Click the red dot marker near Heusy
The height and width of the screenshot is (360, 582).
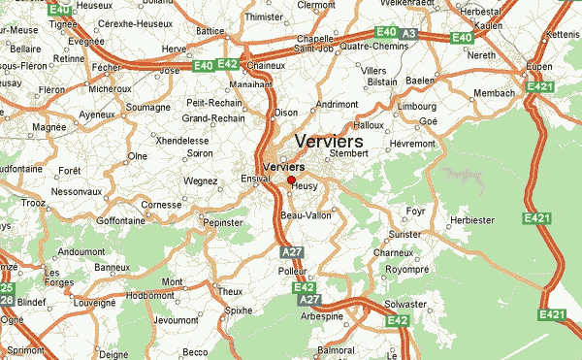coord(291,180)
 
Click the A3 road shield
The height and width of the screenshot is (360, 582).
coord(409,33)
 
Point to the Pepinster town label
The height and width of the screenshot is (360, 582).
coord(222,222)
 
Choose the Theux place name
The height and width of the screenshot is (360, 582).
coord(230,291)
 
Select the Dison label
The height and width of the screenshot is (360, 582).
coord(287,113)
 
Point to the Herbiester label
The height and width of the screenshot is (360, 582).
coord(473,220)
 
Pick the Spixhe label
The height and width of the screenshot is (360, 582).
coord(238,311)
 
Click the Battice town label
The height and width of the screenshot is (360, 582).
coord(210,30)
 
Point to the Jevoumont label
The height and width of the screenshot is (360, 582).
coord(176,319)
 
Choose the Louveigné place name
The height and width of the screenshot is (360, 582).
coord(94,304)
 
